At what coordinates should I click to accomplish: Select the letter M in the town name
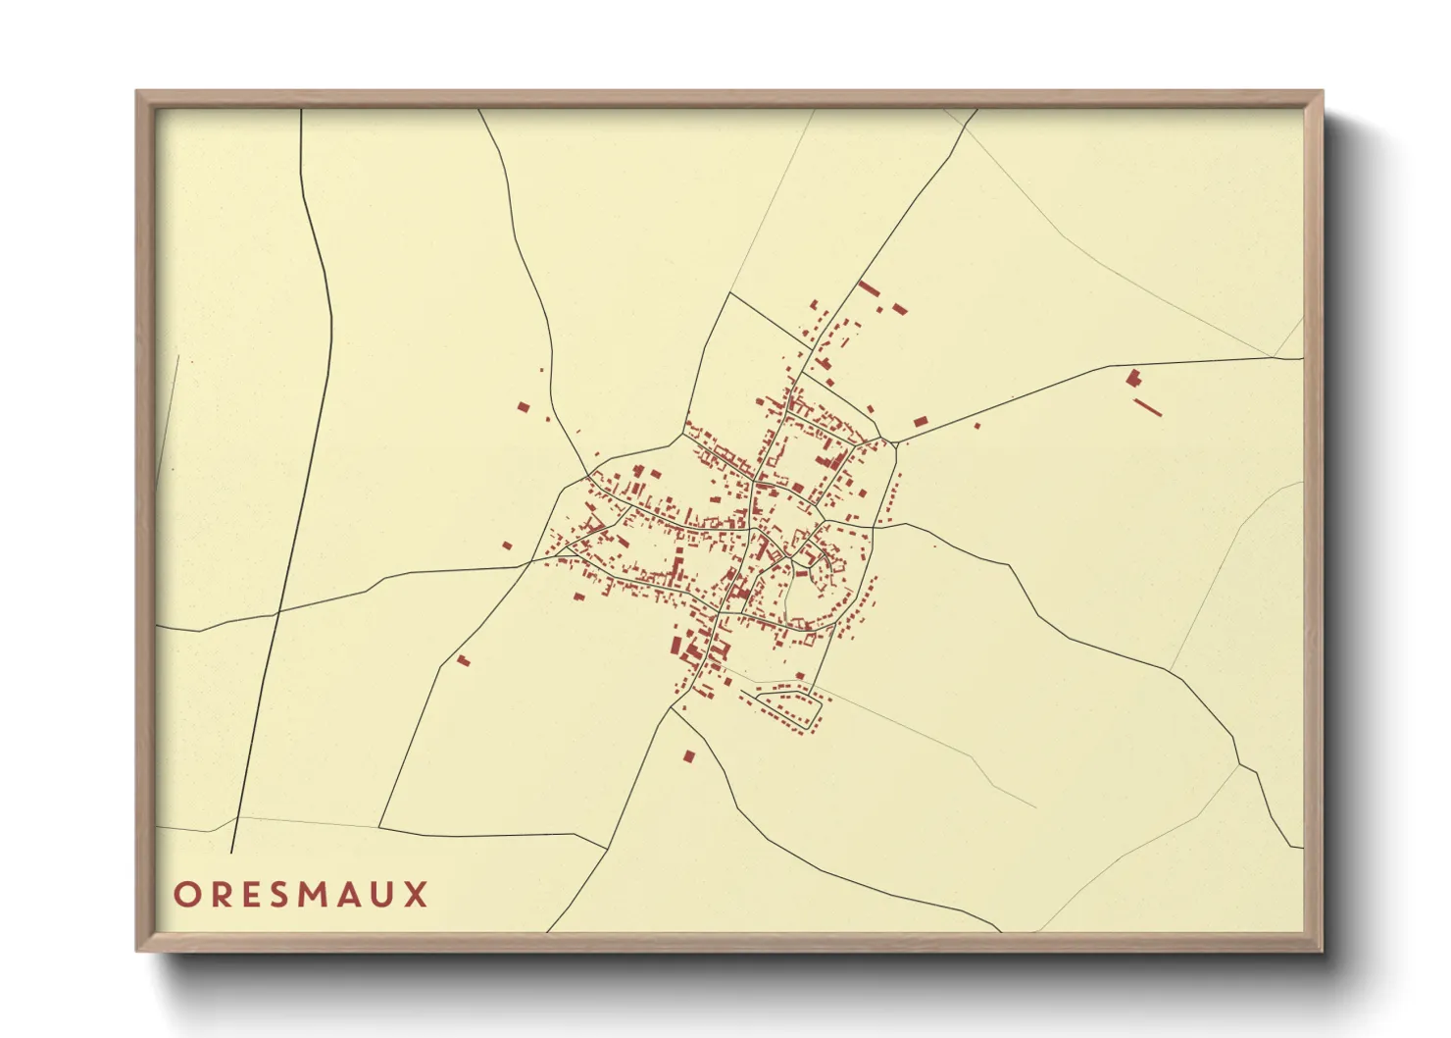[x=313, y=895]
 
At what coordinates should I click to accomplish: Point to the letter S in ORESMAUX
[x=277, y=895]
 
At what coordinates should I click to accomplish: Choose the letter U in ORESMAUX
[x=384, y=895]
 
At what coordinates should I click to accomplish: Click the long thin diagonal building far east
[x=1148, y=406]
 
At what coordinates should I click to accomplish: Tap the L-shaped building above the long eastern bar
[x=1134, y=377]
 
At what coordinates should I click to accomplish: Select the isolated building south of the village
[x=688, y=756]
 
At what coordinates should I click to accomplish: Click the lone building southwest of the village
[x=464, y=660]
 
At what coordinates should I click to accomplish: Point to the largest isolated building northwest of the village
[x=524, y=406]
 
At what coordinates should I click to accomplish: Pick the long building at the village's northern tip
[x=868, y=287]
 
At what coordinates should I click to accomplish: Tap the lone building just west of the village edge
[x=507, y=545]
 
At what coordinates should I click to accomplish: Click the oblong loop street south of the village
[x=782, y=702]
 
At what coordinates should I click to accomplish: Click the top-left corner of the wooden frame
[x=138, y=92]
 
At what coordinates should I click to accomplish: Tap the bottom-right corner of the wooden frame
[x=1322, y=950]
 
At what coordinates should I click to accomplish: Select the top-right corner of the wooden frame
[x=1322, y=92]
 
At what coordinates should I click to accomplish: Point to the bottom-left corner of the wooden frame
[x=138, y=950]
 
